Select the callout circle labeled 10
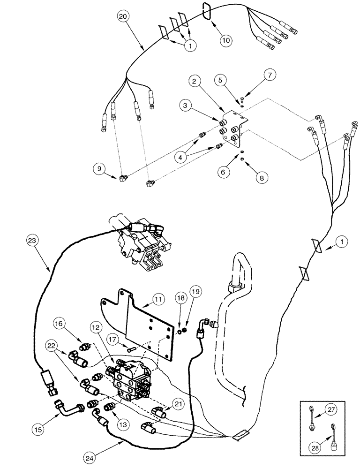click(226, 40)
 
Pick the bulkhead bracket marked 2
click(233, 129)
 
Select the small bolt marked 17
click(130, 348)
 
